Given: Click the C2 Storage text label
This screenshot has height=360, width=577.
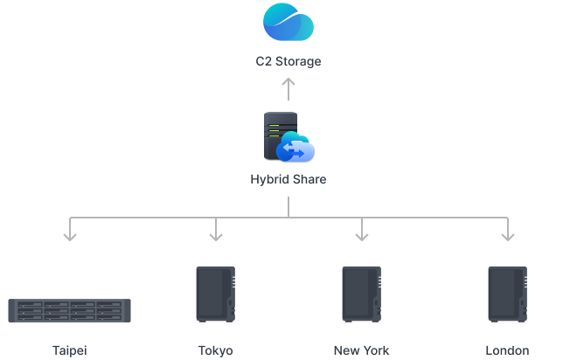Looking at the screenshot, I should click(x=288, y=62).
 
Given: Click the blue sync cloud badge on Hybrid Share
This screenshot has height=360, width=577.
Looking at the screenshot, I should click(x=295, y=150).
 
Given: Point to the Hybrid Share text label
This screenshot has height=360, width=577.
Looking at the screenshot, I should click(x=288, y=180).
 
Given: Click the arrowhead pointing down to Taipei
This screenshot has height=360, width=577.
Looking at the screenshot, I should click(x=70, y=234).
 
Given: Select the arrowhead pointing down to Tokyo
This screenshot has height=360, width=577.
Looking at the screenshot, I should click(x=216, y=234).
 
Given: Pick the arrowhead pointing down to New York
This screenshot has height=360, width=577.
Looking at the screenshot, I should click(x=361, y=234).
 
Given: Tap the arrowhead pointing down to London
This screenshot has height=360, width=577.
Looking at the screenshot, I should click(x=507, y=234).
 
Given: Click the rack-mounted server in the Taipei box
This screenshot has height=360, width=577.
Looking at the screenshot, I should click(x=70, y=311).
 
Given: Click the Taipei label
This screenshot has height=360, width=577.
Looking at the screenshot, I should click(x=70, y=350).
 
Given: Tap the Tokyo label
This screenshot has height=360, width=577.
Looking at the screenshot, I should click(x=216, y=350).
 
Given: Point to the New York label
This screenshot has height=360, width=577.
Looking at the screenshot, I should click(x=361, y=350).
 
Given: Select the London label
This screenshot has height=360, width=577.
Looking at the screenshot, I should click(x=507, y=350).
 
